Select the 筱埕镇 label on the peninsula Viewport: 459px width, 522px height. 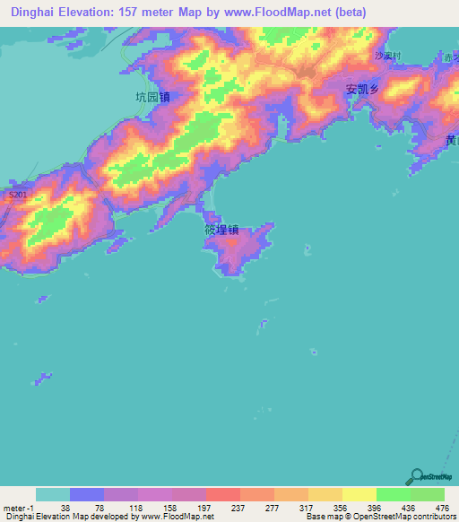[221, 230]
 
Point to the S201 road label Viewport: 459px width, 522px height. [16, 195]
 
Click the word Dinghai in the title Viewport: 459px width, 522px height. [32, 13]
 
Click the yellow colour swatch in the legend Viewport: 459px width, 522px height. [359, 494]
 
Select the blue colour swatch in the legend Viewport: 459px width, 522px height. [87, 494]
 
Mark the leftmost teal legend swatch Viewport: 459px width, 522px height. [53, 494]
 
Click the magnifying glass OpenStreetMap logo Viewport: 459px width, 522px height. [416, 475]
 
